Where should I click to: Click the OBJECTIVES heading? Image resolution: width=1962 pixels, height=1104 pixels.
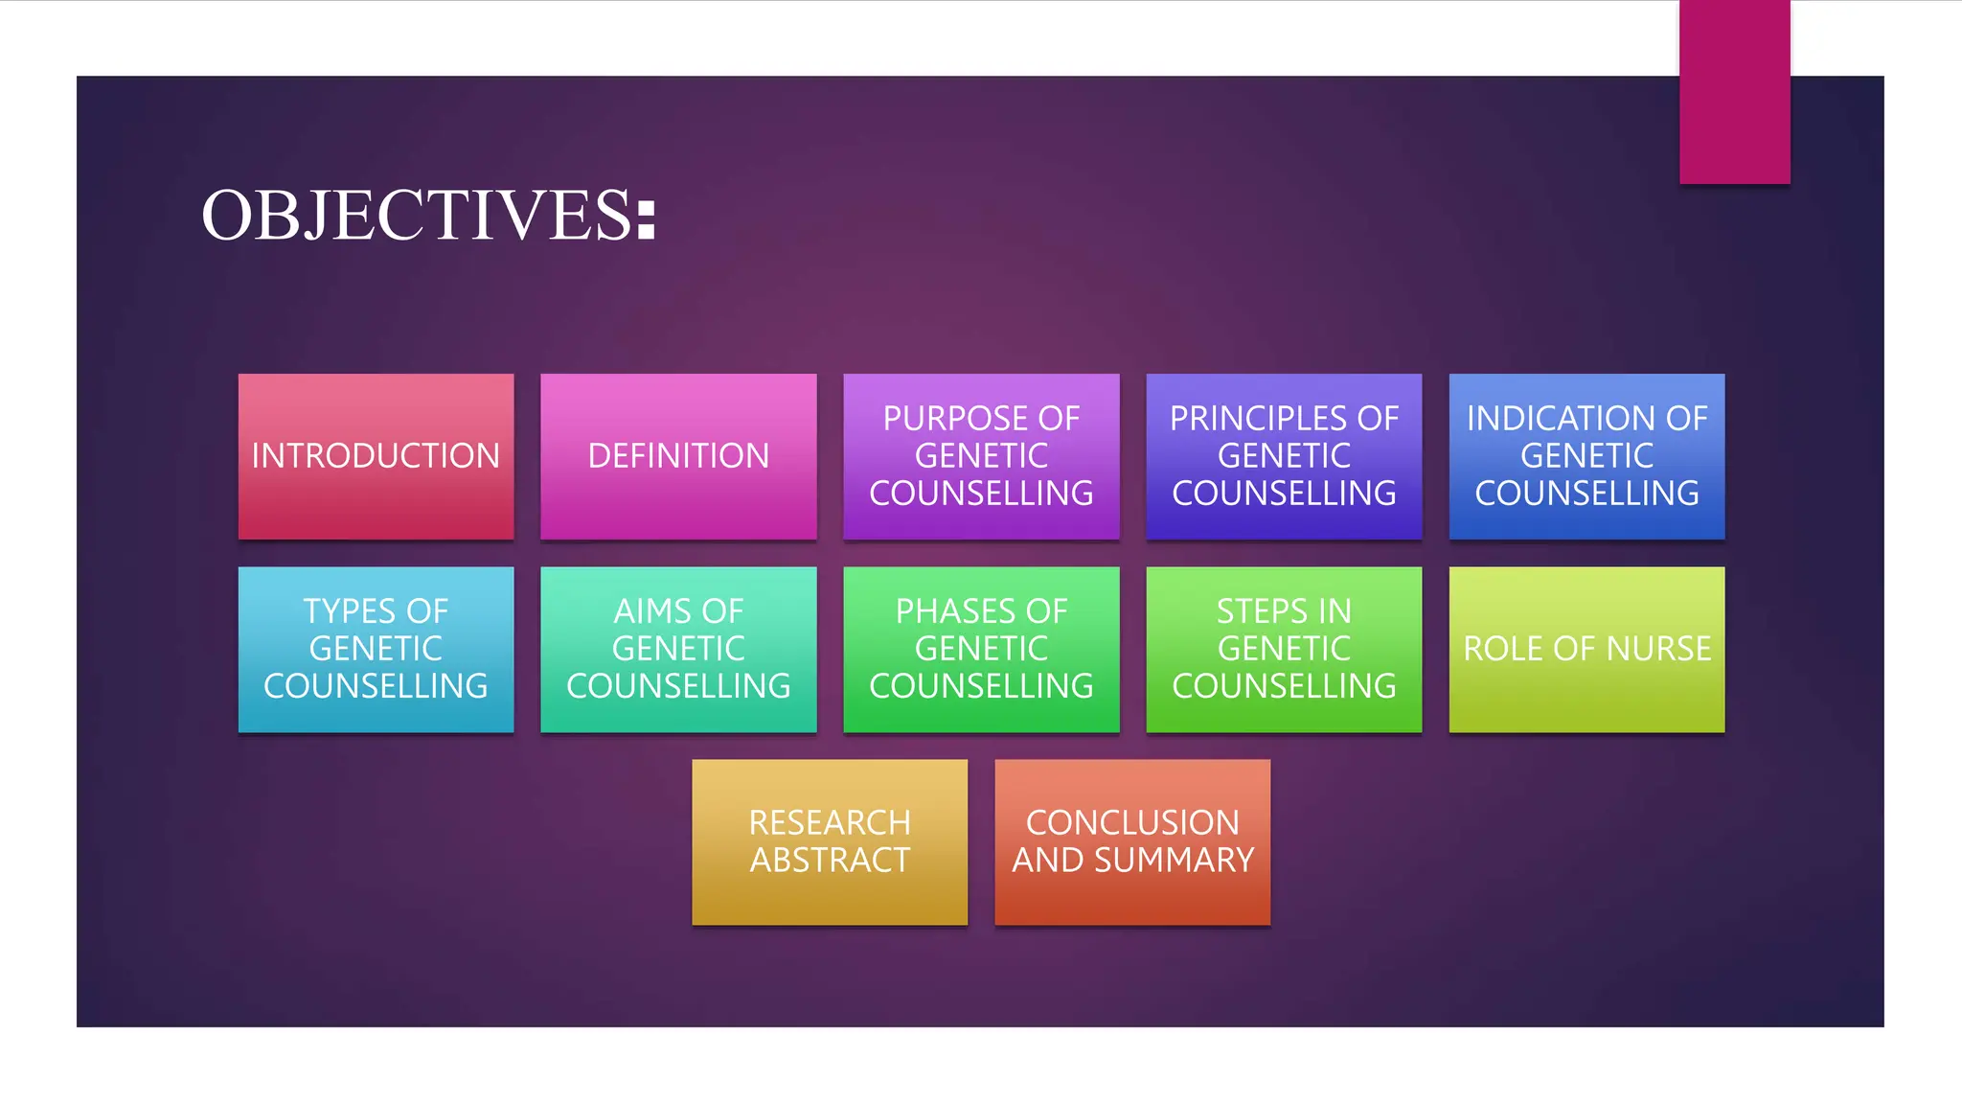(427, 215)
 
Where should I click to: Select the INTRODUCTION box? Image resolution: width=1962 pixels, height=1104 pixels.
(376, 456)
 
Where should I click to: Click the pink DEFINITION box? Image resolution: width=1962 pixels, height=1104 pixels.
(678, 456)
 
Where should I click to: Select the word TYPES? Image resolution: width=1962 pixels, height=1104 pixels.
(351, 611)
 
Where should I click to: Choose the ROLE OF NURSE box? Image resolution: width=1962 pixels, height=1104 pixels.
(1586, 649)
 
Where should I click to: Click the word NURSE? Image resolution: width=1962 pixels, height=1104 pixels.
(1658, 649)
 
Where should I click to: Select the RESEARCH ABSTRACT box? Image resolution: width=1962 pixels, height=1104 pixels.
(830, 841)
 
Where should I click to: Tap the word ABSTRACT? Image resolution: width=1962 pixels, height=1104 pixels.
(830, 861)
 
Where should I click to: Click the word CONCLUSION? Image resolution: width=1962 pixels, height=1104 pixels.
(1132, 823)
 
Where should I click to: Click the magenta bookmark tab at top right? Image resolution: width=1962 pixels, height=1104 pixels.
(1734, 92)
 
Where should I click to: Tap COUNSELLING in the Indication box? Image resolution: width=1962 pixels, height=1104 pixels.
(1586, 494)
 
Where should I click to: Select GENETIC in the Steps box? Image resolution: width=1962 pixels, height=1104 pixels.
(1284, 649)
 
